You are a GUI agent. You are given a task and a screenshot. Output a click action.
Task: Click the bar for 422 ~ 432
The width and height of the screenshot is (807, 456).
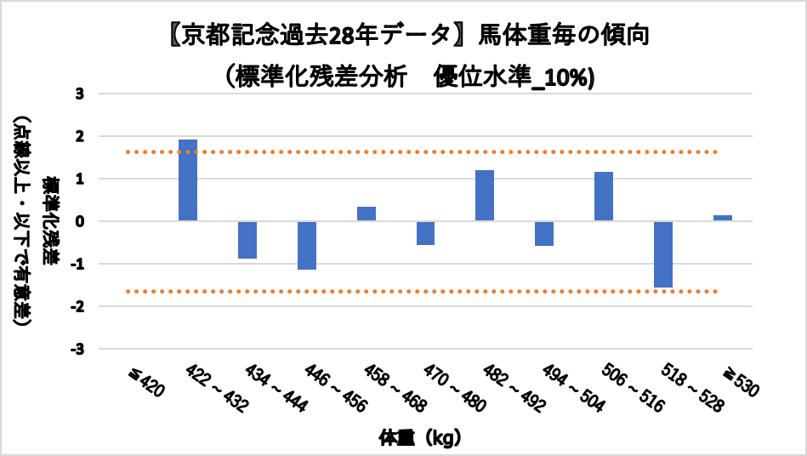tap(188, 180)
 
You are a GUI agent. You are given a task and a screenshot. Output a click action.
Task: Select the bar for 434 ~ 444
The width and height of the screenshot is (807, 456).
tap(247, 240)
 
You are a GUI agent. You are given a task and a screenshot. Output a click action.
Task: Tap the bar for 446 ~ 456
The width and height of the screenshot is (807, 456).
tap(307, 246)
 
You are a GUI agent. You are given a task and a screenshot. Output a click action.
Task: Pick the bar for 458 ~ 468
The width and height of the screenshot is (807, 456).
tap(367, 214)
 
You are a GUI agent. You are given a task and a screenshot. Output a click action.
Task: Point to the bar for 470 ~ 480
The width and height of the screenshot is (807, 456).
tap(426, 233)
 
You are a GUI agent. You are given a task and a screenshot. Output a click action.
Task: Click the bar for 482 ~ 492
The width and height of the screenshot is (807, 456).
tap(486, 196)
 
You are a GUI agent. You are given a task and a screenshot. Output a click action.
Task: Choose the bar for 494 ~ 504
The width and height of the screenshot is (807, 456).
tap(544, 234)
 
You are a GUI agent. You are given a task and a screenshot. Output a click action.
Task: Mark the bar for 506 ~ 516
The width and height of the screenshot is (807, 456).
tap(604, 197)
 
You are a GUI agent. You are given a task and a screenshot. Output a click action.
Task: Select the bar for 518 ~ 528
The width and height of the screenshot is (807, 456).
tap(663, 254)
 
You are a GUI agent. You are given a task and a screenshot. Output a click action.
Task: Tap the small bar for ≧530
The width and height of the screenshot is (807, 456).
tap(723, 218)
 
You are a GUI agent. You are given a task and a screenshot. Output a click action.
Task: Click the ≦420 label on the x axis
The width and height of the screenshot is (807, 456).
tap(144, 385)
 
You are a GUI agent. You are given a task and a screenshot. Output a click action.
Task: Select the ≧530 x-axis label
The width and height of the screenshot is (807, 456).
tap(741, 385)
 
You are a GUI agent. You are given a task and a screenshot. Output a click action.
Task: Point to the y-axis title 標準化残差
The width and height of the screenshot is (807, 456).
tap(52, 221)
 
